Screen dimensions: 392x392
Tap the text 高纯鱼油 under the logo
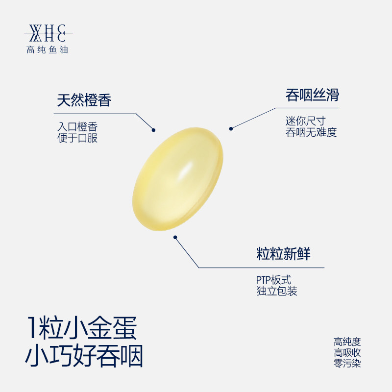coord(47,49)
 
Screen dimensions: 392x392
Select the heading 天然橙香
coord(84,100)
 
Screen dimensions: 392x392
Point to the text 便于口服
coord(77,138)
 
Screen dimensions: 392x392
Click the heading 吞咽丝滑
coord(312,95)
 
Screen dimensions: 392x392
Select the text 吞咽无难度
coord(311,132)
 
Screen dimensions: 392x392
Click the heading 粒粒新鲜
coord(283,255)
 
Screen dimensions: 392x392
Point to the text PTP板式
coord(273,280)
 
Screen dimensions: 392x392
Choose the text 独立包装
coord(276,291)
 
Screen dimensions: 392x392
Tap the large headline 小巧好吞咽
coord(84,358)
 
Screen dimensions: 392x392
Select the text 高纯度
coord(347,342)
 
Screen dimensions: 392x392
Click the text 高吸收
coord(347,353)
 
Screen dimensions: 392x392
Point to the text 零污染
coord(347,364)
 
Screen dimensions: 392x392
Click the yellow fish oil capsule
coord(178,179)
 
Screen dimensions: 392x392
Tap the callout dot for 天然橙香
coord(153,130)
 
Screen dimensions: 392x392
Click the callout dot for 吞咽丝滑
coord(230,128)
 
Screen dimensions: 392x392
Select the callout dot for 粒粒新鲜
coord(175,238)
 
